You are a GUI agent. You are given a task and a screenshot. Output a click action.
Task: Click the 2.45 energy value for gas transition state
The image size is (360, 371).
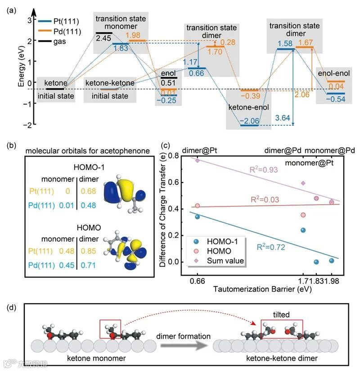click(103, 39)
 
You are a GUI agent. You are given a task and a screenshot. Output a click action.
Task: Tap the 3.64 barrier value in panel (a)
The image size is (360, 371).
click(282, 118)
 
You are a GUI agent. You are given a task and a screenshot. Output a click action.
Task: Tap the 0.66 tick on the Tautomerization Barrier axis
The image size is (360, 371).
click(198, 281)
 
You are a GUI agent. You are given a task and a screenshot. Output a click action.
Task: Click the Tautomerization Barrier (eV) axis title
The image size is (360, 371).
click(262, 289)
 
